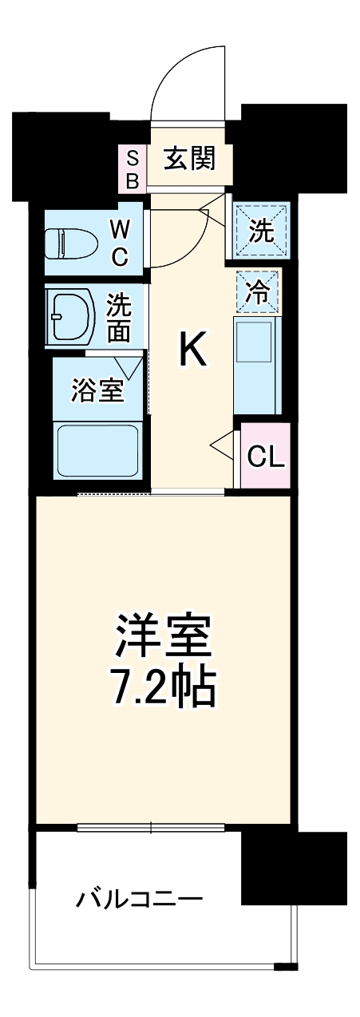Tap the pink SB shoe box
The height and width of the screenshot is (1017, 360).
(133, 168)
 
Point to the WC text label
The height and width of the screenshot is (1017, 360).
(118, 243)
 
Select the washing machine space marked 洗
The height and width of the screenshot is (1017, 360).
(261, 231)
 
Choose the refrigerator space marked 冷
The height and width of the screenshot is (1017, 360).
(258, 292)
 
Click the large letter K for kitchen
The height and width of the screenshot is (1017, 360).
(192, 349)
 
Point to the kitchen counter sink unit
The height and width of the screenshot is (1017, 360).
(257, 364)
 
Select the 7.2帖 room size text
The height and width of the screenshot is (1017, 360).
(163, 687)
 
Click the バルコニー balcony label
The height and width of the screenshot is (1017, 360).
(140, 900)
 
